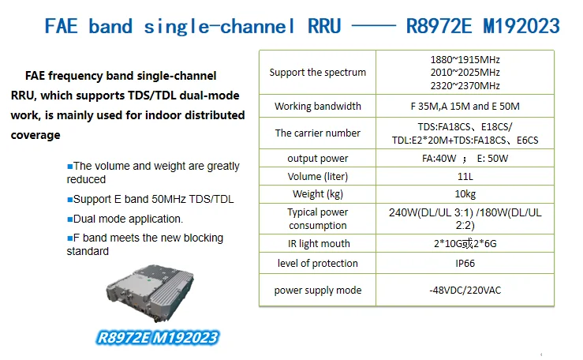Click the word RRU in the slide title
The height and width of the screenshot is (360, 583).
324,26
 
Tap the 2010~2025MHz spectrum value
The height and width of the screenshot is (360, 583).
465,72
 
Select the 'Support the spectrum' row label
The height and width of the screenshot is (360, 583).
317,72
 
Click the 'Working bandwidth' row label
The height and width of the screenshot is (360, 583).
317,106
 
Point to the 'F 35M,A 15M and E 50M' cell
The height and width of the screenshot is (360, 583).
465,106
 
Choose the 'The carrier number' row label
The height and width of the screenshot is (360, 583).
317,133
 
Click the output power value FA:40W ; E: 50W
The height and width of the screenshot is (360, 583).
465,159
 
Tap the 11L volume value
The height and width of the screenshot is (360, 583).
465,176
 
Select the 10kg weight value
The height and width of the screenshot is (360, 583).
465,193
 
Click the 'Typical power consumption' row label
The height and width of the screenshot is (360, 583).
317,219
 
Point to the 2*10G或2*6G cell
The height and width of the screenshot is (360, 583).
465,244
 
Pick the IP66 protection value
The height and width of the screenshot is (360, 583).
465,264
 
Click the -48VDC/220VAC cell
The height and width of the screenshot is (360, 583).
465,290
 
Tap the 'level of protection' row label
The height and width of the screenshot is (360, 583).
317,264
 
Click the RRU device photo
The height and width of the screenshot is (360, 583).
150,293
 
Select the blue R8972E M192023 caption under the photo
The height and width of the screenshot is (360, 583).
157,338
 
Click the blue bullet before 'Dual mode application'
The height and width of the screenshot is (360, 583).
69,219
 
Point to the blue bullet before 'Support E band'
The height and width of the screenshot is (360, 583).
69,200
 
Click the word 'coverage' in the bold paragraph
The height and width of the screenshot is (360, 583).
36,135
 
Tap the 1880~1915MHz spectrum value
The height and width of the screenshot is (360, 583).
465,59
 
